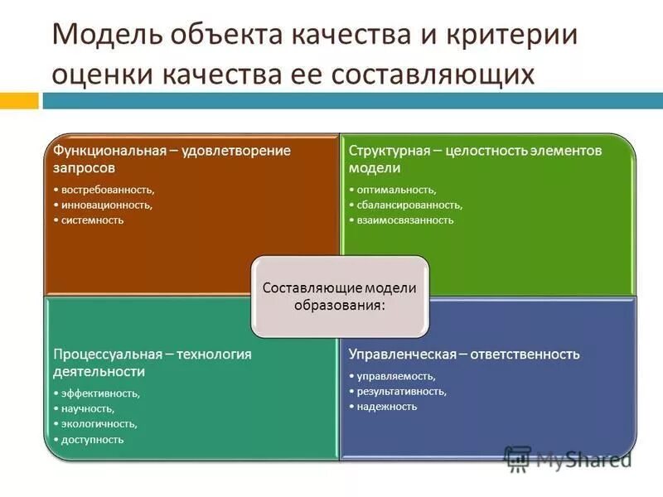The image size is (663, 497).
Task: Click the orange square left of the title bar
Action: [x=19, y=101]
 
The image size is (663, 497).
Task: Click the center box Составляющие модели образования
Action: [x=340, y=296]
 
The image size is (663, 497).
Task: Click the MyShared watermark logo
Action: [x=568, y=459]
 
